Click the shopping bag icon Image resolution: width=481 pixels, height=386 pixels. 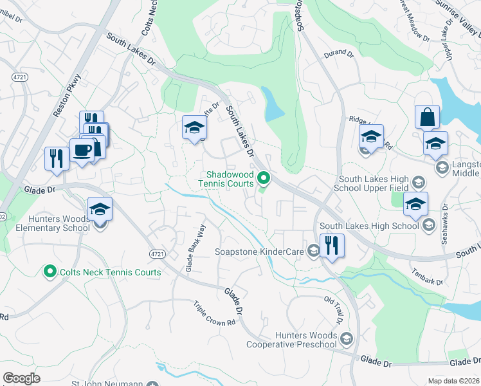pos(427,118)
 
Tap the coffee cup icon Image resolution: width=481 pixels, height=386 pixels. pos(82,151)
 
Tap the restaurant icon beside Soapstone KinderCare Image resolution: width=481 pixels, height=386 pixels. pos(332,246)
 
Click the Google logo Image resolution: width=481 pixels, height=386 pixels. pos(22,378)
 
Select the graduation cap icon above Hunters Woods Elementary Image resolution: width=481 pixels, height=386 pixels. pos(100,209)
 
